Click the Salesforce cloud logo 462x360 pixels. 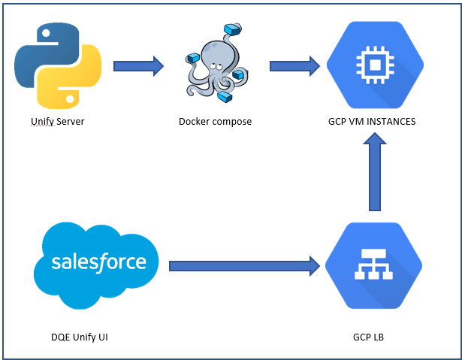(98, 262)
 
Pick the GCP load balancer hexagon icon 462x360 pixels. (373, 265)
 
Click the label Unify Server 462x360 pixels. (58, 121)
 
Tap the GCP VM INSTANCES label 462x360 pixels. (373, 121)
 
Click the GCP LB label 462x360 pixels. (373, 337)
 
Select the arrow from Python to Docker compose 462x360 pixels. (138, 65)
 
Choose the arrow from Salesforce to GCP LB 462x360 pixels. (245, 265)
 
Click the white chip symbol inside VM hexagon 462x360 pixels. (373, 65)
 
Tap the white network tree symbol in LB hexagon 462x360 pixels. (373, 265)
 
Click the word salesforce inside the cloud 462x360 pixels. (98, 262)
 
